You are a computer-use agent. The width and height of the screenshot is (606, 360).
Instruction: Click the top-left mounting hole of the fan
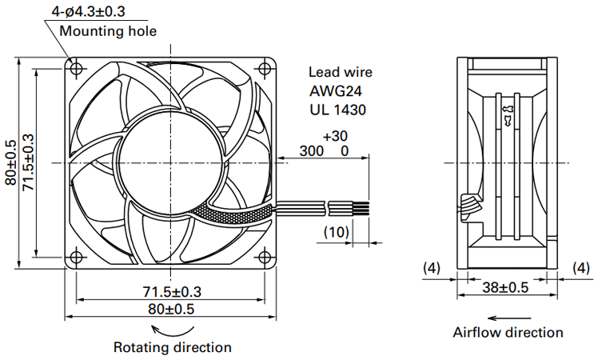77,69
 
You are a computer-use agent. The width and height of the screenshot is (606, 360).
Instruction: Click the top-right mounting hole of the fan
265,69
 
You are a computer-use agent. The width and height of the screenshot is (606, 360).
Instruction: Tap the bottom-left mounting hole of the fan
77,257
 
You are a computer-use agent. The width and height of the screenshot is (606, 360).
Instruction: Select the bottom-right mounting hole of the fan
265,257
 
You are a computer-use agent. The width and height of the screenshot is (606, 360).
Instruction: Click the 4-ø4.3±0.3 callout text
89,11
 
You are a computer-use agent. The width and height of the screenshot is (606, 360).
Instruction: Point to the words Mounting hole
108,31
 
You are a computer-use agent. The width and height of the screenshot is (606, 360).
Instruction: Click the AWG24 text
336,91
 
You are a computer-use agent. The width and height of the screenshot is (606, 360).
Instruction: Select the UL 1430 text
337,110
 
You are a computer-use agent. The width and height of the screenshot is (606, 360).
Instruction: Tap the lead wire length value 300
312,151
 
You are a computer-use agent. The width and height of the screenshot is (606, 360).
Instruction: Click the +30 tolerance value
335,136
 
